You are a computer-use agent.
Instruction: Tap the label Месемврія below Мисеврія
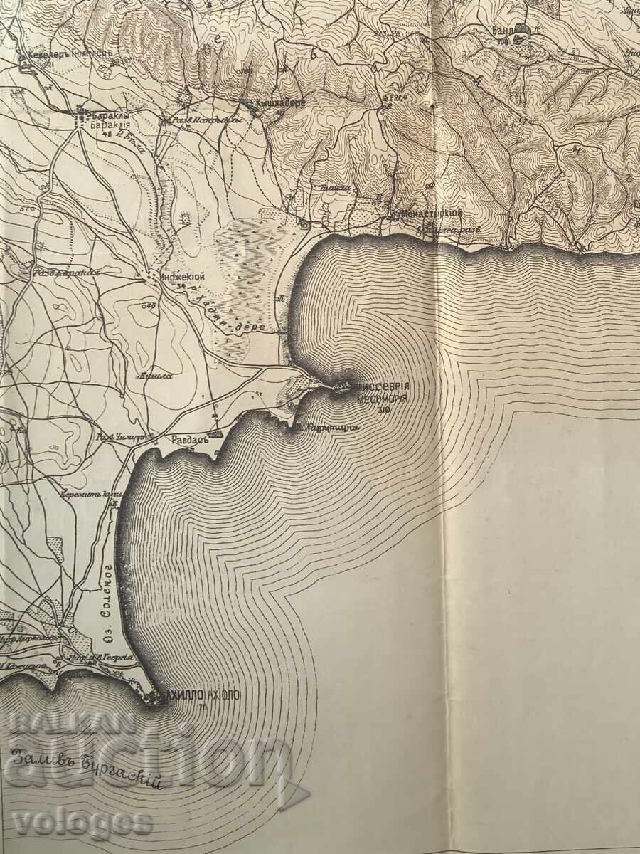pyautogui.click(x=382, y=399)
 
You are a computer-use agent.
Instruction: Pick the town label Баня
pyautogui.click(x=503, y=31)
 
